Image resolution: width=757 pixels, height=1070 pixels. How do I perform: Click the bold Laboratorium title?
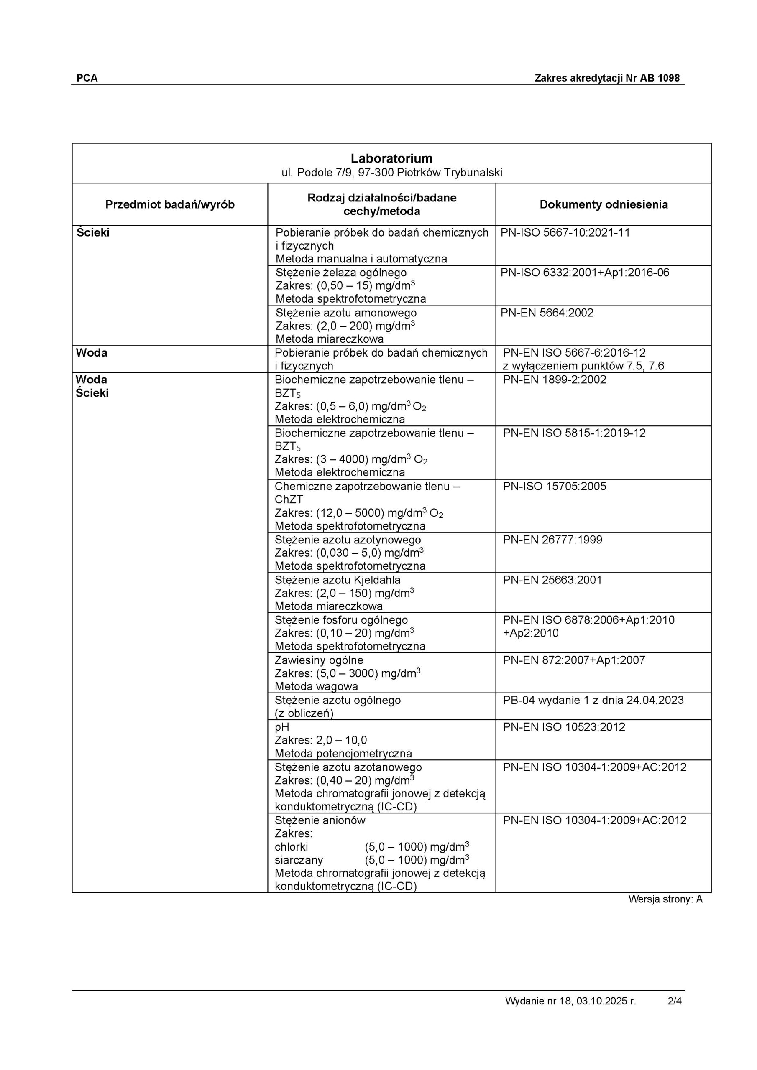tap(391, 158)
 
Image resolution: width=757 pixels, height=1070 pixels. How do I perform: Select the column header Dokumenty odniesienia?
tap(604, 204)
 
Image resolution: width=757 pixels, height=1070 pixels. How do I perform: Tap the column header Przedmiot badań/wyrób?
tap(170, 204)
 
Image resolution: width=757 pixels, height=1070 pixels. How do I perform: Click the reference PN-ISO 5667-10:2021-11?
tap(565, 232)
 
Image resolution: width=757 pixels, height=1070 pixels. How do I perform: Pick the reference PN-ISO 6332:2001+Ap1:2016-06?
tap(584, 273)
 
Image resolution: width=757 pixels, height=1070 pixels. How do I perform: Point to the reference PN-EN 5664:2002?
tap(547, 313)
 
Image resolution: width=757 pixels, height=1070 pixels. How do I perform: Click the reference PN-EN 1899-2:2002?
tap(554, 380)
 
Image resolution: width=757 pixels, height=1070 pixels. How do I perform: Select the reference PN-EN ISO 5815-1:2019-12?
tap(574, 433)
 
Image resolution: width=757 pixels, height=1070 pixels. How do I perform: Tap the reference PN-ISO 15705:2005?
tap(554, 487)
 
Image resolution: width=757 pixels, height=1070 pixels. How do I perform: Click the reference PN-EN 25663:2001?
tap(552, 580)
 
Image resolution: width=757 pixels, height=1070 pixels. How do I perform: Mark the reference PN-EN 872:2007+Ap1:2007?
tap(574, 660)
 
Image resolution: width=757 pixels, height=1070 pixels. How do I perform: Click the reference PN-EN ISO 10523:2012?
tap(563, 727)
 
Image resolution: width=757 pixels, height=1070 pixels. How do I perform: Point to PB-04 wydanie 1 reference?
tap(593, 700)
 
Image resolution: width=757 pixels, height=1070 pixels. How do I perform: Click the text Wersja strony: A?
tap(665, 899)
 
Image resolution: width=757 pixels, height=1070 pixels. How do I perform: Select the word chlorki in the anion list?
tap(291, 847)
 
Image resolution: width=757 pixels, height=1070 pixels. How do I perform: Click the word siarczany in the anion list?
tap(299, 860)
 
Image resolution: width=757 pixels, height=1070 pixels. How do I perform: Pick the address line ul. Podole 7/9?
tap(391, 173)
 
